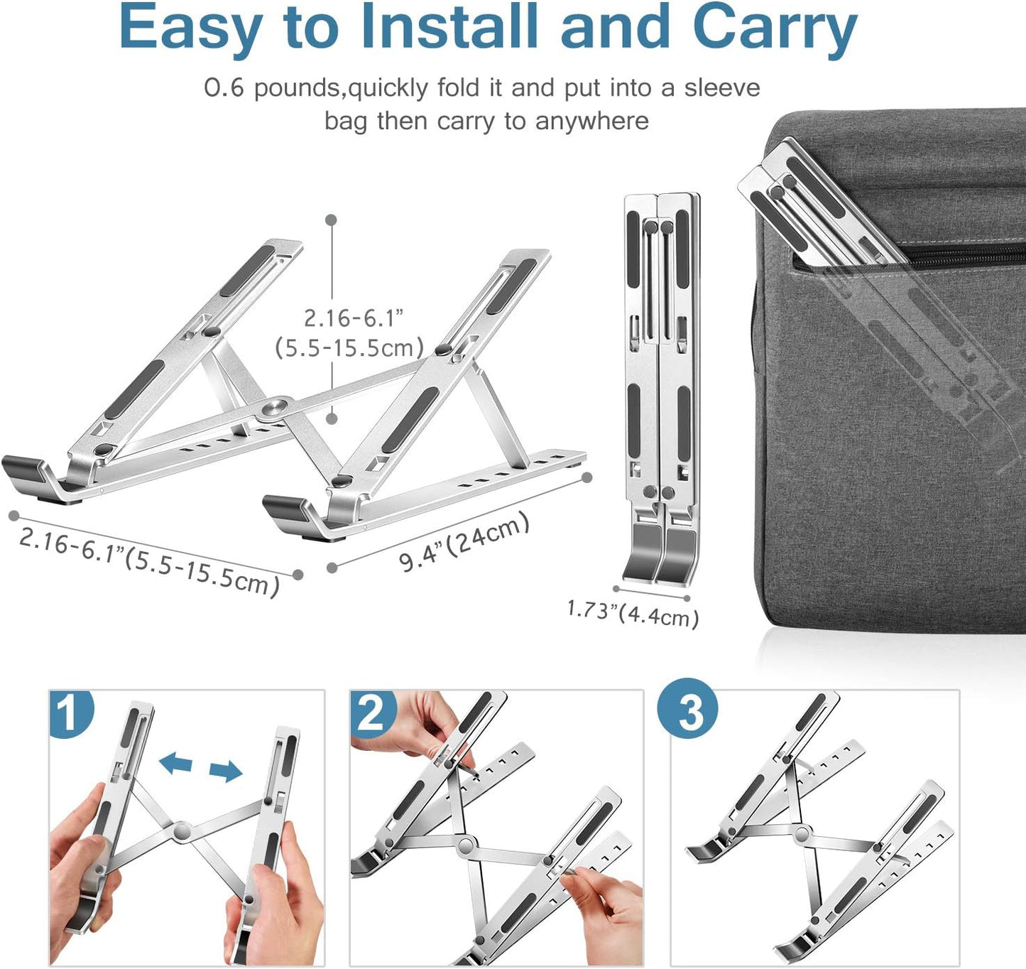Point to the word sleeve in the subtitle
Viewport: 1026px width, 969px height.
tap(721, 88)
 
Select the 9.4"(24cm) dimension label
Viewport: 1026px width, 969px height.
tap(464, 541)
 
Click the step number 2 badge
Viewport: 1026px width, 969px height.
tap(372, 713)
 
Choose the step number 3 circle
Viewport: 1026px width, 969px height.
tap(687, 710)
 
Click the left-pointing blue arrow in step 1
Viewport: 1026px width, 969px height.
tap(175, 764)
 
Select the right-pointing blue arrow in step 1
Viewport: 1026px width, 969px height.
tap(226, 770)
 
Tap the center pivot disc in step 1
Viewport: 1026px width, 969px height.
tap(182, 830)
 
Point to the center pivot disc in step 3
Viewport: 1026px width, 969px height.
tap(803, 833)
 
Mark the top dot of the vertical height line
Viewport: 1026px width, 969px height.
tap(331, 220)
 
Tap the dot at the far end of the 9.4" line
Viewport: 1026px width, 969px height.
tap(586, 477)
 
